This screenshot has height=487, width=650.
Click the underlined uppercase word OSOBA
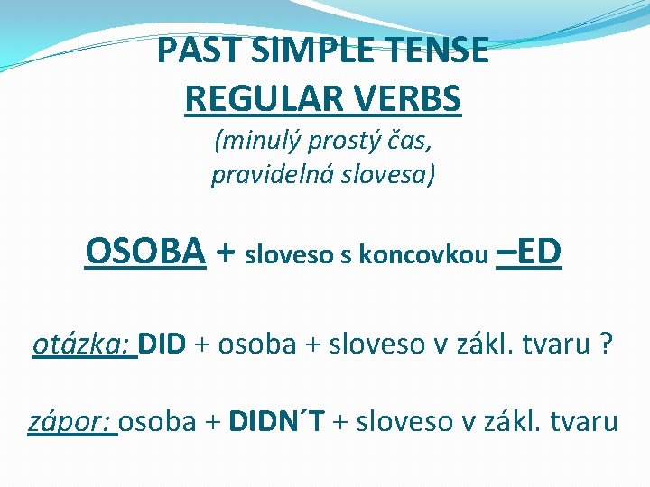click(x=145, y=253)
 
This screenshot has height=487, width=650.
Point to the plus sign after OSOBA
click(x=226, y=254)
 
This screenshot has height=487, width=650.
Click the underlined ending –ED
click(x=530, y=253)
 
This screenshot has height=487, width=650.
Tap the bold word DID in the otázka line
click(x=162, y=344)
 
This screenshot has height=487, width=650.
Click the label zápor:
click(x=71, y=420)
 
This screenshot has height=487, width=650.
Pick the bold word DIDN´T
click(x=279, y=420)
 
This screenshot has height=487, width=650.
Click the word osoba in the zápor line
click(x=158, y=420)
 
